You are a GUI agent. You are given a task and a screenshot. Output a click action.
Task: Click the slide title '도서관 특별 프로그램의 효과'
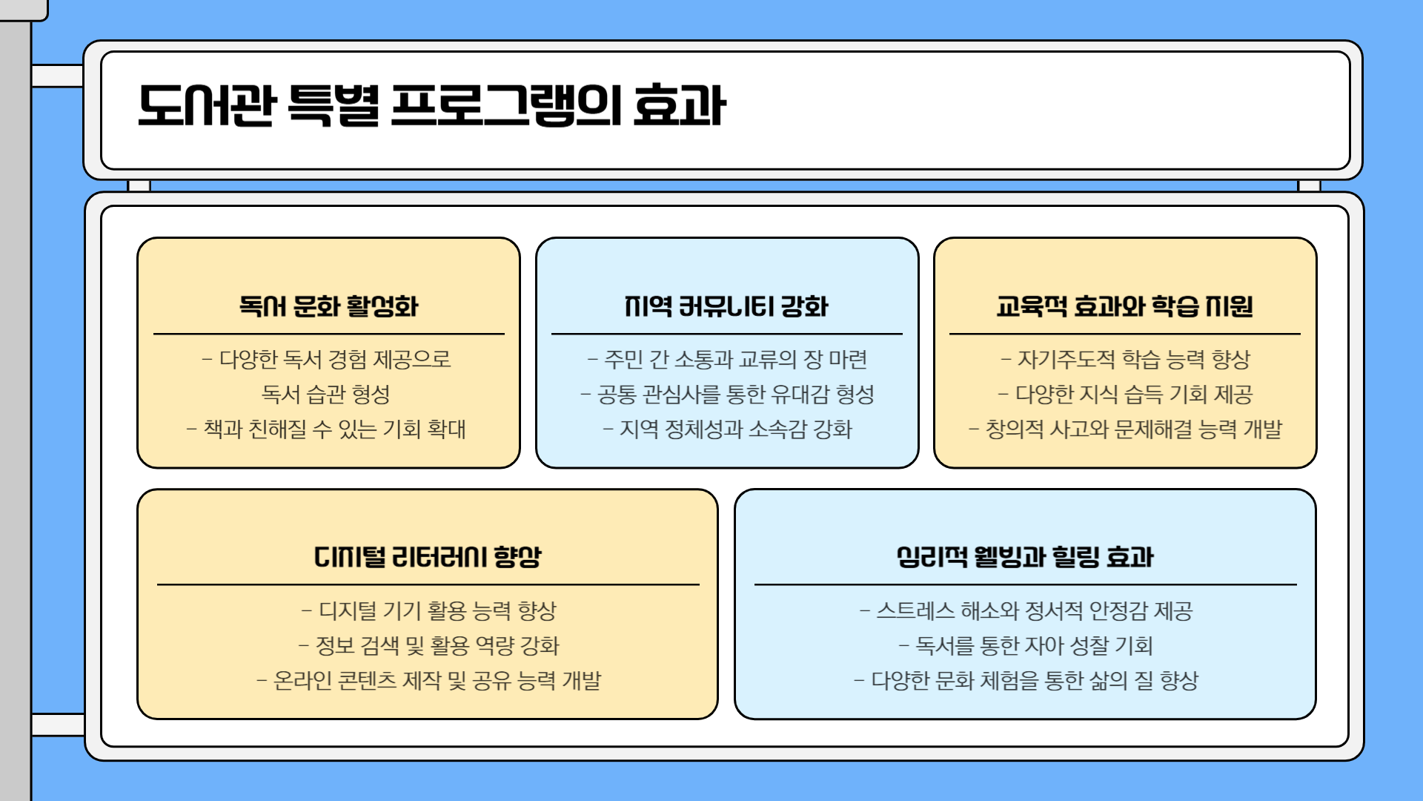coord(431,105)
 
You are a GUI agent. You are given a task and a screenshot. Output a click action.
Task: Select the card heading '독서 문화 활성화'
coord(328,306)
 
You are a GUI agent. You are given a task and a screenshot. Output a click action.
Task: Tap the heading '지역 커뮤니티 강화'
coord(726,306)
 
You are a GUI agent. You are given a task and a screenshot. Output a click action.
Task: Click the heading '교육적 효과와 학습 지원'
coord(1124,306)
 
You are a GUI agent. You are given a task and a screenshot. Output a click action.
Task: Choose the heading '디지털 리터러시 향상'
coord(428,557)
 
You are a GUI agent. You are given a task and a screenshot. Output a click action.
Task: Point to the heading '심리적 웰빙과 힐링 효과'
coord(1025,557)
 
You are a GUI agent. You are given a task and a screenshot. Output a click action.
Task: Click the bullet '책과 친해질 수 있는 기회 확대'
coord(327,429)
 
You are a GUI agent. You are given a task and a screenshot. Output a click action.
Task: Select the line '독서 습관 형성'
coord(326,395)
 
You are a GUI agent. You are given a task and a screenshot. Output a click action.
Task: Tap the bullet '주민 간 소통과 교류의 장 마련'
coord(727,360)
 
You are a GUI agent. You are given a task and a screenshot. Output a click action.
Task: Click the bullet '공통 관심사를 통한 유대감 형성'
coord(727,395)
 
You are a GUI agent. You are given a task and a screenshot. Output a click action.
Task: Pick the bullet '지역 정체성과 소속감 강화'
coord(727,429)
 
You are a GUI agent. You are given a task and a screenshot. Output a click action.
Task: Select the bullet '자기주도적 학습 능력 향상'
coord(1125,360)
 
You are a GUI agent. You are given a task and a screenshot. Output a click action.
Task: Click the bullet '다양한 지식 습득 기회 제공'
coord(1125,395)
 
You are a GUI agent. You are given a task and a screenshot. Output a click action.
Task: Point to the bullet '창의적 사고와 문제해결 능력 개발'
coord(1125,429)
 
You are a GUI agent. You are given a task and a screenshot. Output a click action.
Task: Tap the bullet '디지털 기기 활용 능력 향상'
coord(428,611)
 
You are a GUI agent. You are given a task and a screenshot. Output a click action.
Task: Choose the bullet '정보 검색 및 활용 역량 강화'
coord(428,646)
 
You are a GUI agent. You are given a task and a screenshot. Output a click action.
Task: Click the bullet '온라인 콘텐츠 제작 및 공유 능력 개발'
coord(428,681)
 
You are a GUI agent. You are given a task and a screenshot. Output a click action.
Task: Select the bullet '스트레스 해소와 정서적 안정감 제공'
coord(1026,611)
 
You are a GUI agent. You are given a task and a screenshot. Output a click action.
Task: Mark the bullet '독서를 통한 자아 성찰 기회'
coord(1026,646)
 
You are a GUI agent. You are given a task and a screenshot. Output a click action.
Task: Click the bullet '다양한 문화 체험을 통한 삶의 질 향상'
coord(1026,681)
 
